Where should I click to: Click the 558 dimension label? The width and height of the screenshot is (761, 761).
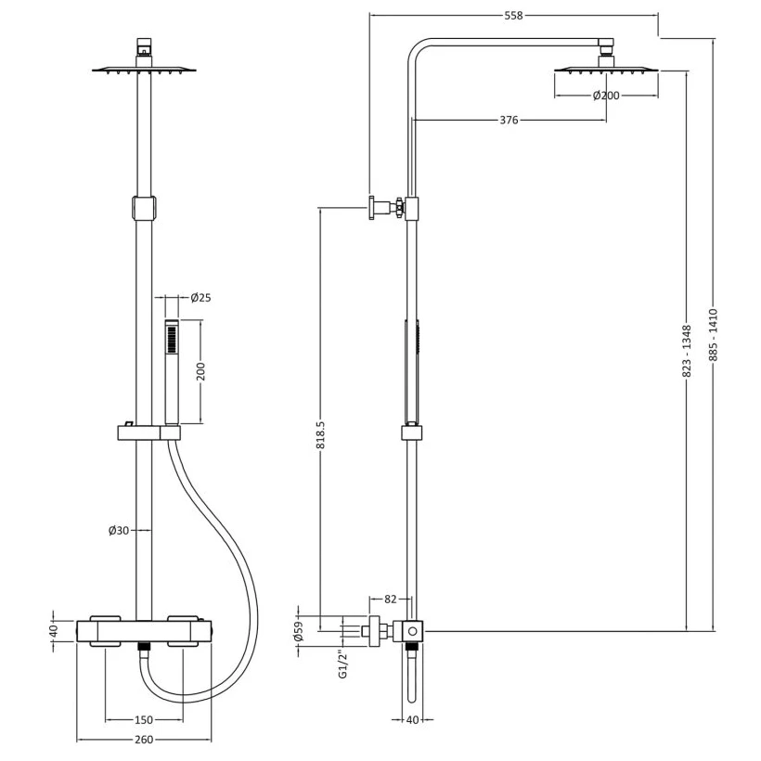coord(513,16)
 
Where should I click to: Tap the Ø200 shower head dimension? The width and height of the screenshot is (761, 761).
coord(606,96)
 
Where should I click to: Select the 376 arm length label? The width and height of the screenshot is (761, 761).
coord(509,120)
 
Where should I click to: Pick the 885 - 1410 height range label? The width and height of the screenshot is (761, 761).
coord(713,335)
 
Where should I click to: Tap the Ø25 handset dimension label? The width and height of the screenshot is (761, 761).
coord(200,298)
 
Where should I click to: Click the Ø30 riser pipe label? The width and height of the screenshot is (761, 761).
coord(119,531)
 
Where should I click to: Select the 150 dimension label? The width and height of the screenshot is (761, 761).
coord(144,720)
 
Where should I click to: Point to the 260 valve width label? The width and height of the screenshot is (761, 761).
coord(144,740)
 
